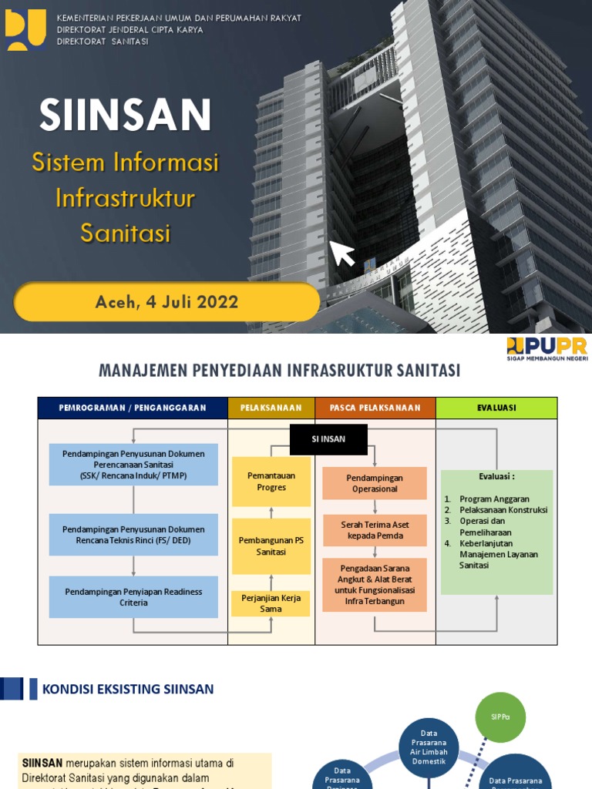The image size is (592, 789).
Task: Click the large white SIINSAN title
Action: [x=126, y=115]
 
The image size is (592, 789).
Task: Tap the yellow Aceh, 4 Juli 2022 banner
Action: [x=166, y=301]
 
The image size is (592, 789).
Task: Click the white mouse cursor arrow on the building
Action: [x=342, y=253]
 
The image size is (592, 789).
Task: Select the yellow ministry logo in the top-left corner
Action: [x=25, y=30]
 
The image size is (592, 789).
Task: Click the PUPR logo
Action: [x=547, y=348]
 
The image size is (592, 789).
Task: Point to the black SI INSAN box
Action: [x=328, y=438]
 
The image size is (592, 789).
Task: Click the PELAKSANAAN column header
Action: [x=271, y=408]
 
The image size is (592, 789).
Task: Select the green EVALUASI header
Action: [x=496, y=408]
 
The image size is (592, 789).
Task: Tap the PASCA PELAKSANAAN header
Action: [x=375, y=408]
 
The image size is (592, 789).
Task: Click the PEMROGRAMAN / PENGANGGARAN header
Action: [x=133, y=408]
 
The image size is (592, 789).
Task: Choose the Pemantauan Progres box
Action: [x=271, y=482]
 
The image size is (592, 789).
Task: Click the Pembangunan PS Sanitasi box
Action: [x=271, y=546]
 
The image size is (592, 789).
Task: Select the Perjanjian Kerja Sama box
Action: [x=271, y=603]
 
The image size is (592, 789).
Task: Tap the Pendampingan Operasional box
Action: [x=375, y=483]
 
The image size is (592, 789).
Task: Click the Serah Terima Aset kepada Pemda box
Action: [x=375, y=530]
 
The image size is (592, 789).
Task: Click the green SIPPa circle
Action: [x=500, y=717]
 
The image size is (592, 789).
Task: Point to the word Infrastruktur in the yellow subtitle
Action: [x=125, y=198]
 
